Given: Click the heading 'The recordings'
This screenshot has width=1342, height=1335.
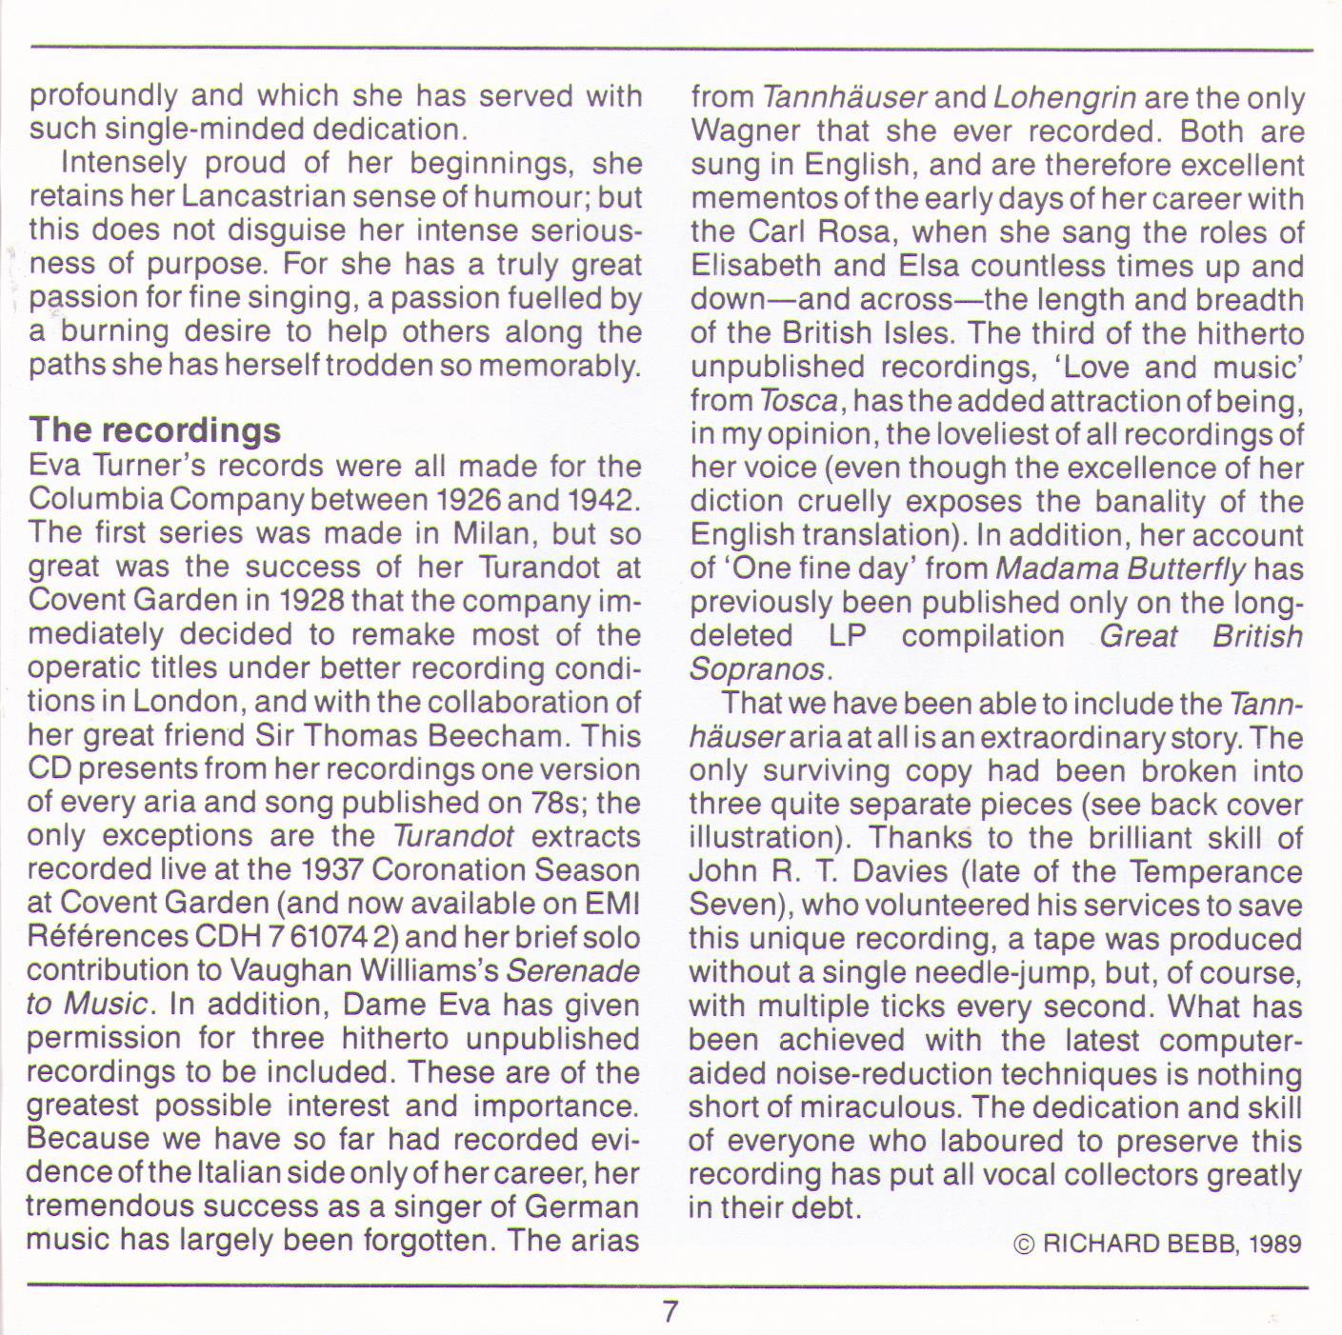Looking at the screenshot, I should (154, 429).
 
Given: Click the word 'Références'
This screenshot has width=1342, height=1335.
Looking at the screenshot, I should (108, 936).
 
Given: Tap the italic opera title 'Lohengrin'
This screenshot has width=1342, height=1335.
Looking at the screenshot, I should (1065, 98).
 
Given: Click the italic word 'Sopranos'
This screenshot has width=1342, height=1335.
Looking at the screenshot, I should (756, 668).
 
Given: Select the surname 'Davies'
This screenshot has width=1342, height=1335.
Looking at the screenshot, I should (906, 871).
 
